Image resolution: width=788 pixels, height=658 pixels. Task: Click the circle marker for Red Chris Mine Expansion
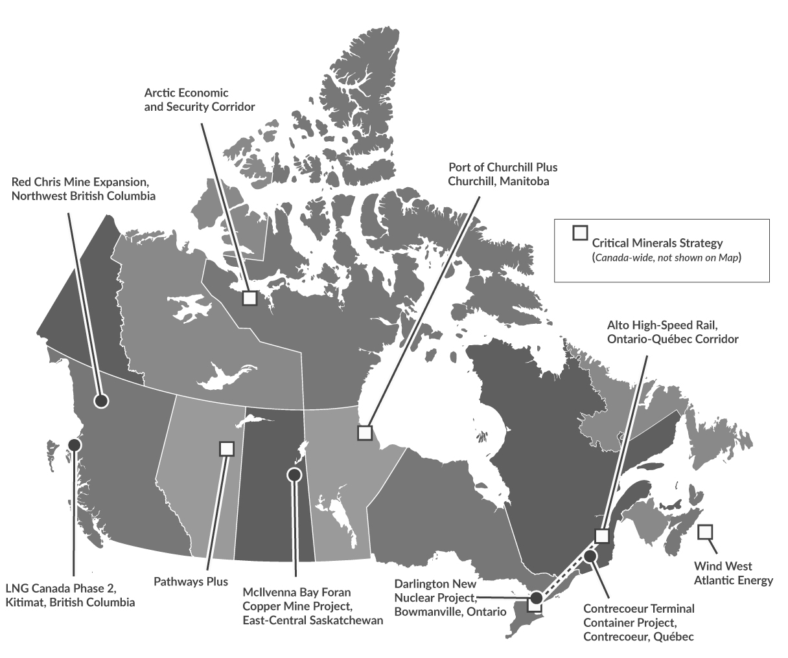click(x=100, y=401)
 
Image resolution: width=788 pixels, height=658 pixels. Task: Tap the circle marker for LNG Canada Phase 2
click(x=75, y=445)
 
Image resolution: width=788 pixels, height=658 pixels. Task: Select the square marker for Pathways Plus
click(x=226, y=448)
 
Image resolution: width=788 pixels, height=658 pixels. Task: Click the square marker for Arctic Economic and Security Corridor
click(x=249, y=298)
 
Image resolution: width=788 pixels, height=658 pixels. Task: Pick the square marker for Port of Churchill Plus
click(x=365, y=432)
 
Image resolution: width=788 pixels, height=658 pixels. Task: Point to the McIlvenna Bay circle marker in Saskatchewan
click(x=294, y=475)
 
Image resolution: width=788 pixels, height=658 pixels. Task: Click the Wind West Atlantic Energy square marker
click(x=705, y=532)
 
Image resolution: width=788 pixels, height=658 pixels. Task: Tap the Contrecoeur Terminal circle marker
click(x=590, y=556)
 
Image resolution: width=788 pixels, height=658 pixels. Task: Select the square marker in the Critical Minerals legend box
click(x=580, y=233)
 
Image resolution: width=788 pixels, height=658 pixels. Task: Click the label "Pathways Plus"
click(x=191, y=581)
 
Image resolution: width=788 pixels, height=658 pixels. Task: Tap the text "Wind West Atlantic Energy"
click(x=733, y=573)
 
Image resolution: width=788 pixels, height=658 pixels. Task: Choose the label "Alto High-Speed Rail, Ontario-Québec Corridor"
click(x=673, y=332)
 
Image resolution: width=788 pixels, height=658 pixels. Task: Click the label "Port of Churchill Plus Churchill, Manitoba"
click(x=502, y=174)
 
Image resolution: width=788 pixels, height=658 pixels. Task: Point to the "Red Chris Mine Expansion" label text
click(x=84, y=187)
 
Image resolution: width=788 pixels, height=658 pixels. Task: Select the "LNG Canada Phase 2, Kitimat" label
click(x=70, y=595)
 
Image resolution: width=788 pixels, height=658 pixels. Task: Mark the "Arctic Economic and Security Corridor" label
click(x=199, y=100)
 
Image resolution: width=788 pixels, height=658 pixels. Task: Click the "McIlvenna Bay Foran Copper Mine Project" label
click(x=312, y=606)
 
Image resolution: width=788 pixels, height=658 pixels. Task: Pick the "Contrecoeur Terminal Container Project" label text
click(x=638, y=622)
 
